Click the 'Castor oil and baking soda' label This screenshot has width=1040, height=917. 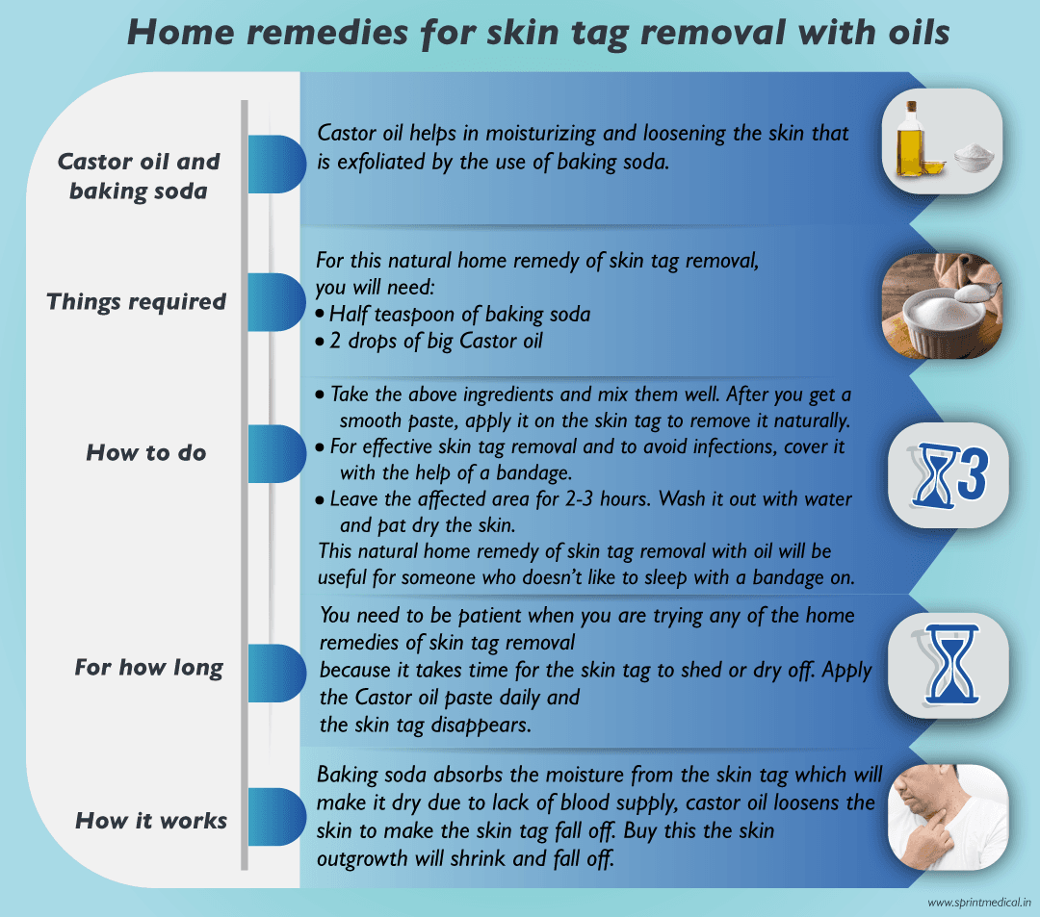pyautogui.click(x=138, y=175)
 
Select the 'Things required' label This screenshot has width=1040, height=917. pyautogui.click(x=136, y=301)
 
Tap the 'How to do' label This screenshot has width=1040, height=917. pyautogui.click(x=146, y=452)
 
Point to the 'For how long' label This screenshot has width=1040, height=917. pyautogui.click(x=148, y=667)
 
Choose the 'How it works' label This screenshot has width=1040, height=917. pyautogui.click(x=151, y=821)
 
